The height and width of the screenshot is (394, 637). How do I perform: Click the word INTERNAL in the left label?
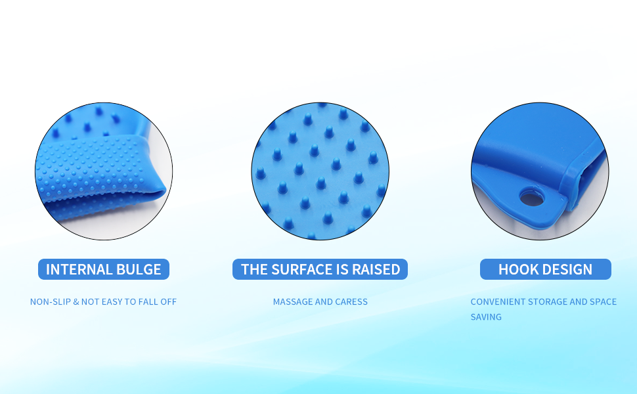79,269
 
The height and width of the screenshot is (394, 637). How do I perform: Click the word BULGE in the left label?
139,269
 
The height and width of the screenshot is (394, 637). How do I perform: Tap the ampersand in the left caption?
76,302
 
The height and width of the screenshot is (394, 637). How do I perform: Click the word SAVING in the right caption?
486,317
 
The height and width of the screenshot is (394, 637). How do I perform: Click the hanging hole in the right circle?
532,198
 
